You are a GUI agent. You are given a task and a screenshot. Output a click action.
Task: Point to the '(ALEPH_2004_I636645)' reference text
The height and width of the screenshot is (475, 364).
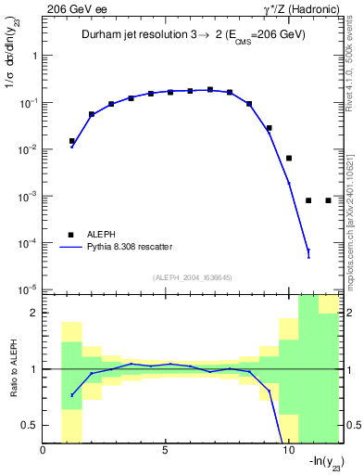pos(192,276)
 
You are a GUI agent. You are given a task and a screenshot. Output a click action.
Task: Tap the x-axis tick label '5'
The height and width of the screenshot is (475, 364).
pos(165,452)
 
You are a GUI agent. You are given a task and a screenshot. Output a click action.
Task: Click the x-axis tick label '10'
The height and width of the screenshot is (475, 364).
pos(287,452)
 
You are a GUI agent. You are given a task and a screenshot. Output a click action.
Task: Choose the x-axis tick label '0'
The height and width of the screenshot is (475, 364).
pos(44,452)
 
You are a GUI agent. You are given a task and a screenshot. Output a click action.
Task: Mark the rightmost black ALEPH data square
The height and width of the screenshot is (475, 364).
pos(328,200)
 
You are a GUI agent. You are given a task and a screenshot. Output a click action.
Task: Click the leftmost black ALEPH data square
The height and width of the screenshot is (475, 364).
pos(72,141)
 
